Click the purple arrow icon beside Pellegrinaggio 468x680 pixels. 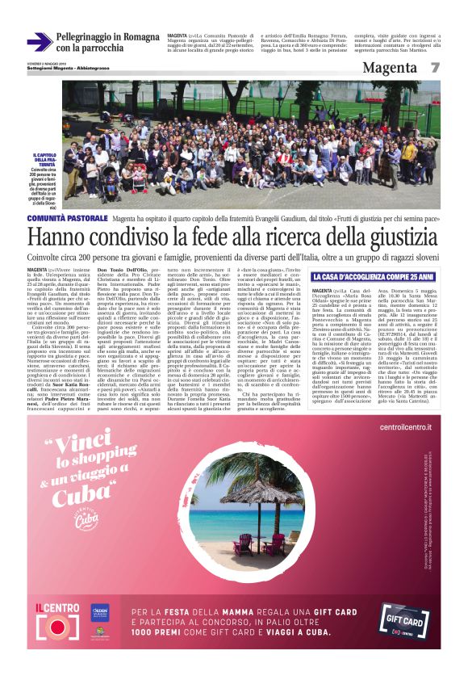coord(40,42)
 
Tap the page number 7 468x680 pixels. coord(434,68)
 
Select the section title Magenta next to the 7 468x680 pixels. coord(390,68)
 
